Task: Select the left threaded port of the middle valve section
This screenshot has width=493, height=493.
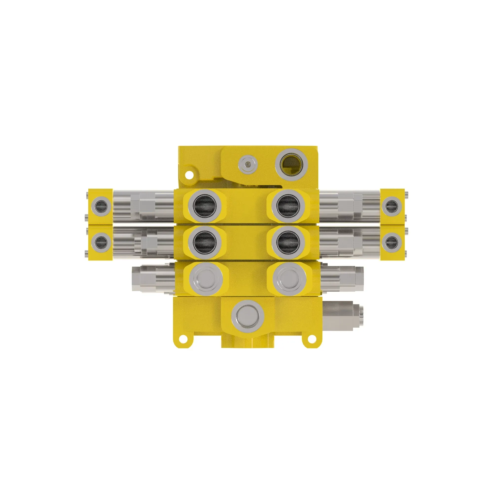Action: [x=205, y=242]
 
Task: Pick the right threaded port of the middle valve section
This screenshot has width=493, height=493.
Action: [x=288, y=241]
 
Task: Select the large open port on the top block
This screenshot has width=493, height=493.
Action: [x=291, y=165]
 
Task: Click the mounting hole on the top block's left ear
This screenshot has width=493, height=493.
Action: [x=189, y=175]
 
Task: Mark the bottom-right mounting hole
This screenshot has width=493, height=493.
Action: [x=311, y=338]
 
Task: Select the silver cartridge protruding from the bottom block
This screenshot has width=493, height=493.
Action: [x=342, y=316]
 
